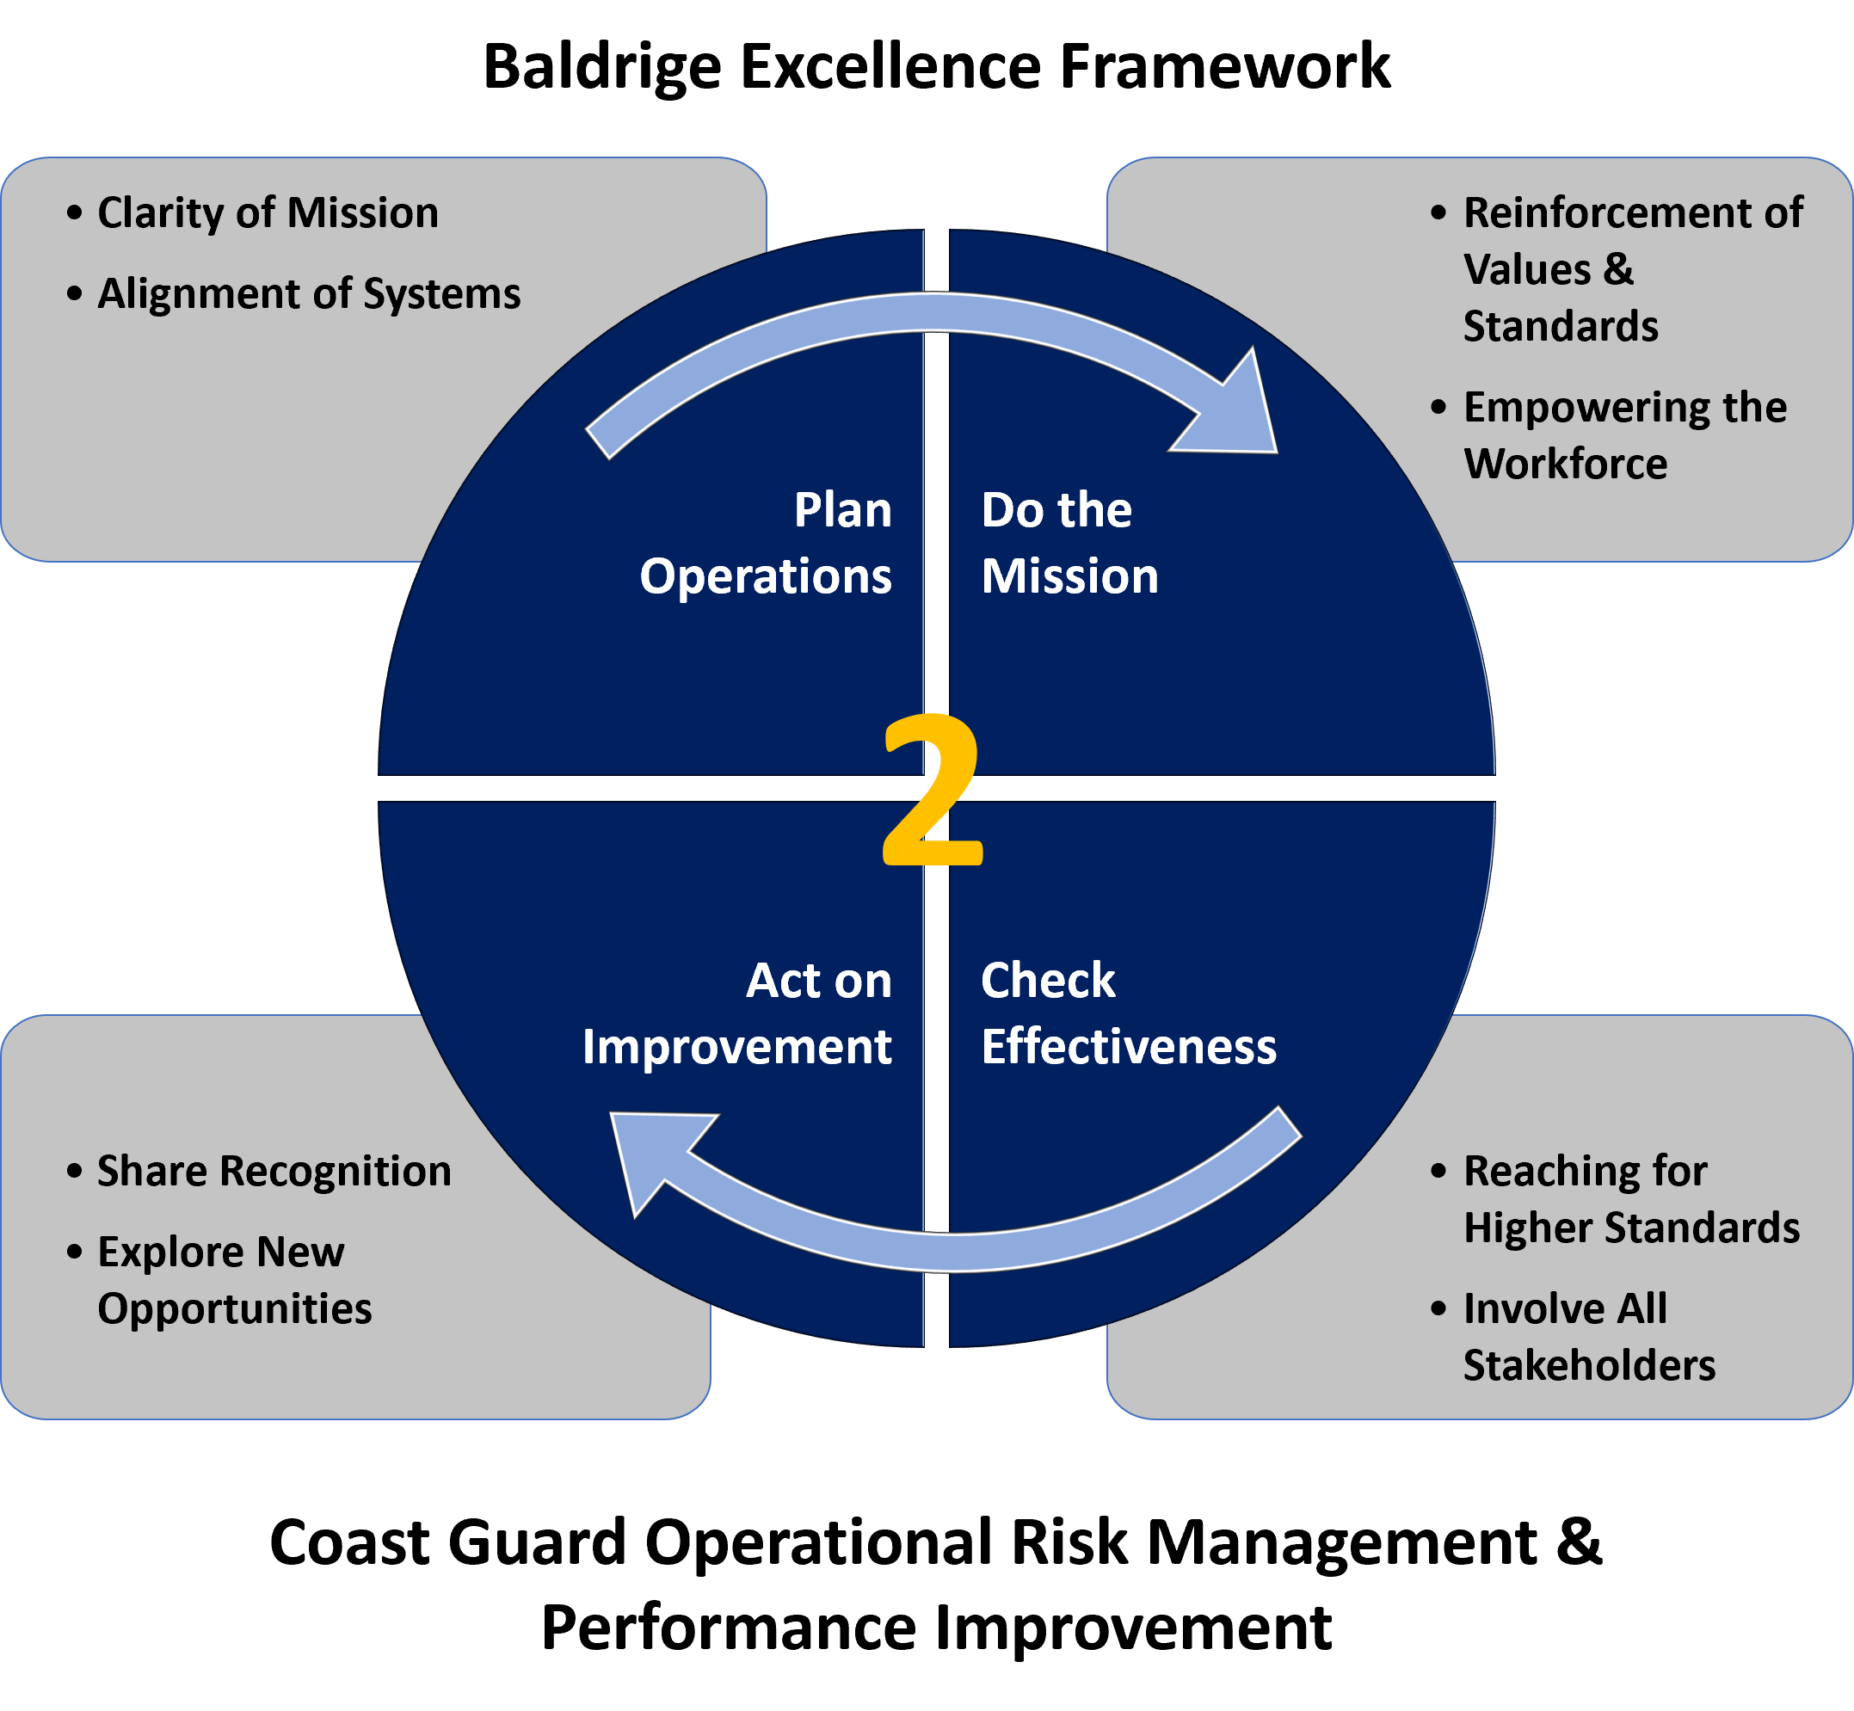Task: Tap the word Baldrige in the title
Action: click(602, 68)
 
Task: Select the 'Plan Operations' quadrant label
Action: click(765, 543)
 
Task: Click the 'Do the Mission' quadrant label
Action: click(1069, 543)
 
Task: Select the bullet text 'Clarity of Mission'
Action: click(268, 213)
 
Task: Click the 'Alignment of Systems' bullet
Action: click(308, 293)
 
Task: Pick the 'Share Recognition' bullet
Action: click(274, 1172)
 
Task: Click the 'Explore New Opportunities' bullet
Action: click(233, 1279)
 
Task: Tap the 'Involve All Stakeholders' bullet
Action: click(1588, 1336)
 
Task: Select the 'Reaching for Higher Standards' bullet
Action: click(1630, 1199)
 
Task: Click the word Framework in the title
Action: click(1224, 68)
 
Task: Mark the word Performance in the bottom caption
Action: click(729, 1627)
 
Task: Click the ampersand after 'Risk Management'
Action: click(1578, 1542)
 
